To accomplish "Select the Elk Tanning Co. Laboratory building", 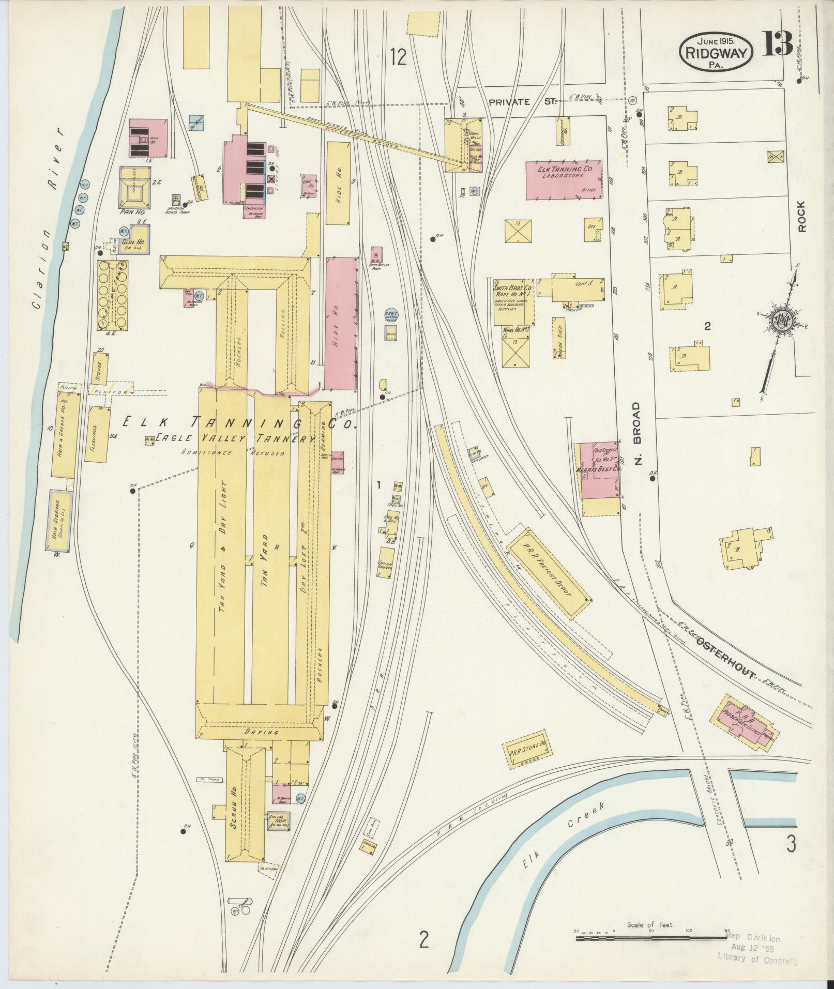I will [x=564, y=179].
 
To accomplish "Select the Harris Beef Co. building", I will [x=599, y=471].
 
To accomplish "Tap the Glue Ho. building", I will [x=133, y=242].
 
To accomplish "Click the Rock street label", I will [x=801, y=217].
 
